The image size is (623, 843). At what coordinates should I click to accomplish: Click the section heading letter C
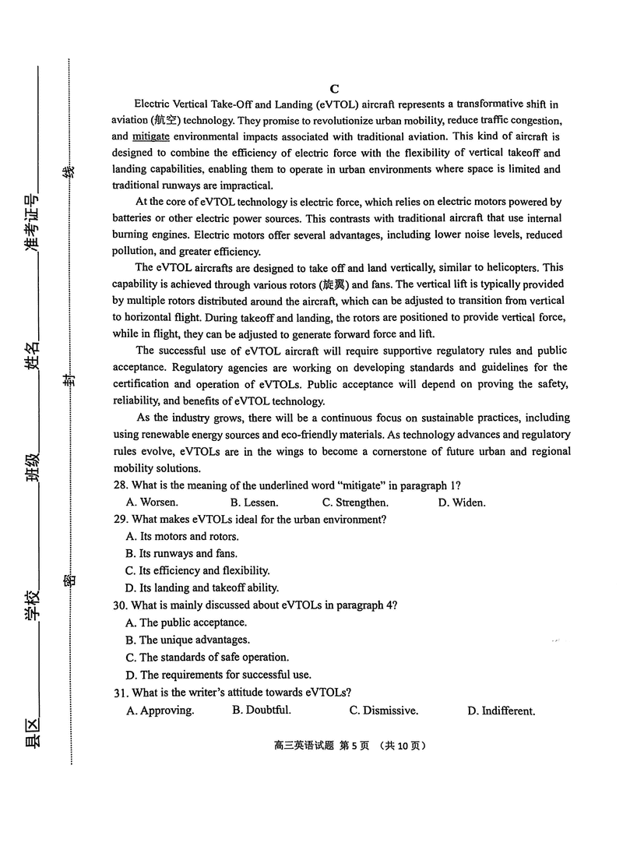pos(334,89)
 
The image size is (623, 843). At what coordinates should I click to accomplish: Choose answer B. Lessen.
pos(255,503)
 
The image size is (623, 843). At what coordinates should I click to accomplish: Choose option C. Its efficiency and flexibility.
pos(198,570)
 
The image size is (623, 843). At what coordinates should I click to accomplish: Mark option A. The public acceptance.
pos(186,623)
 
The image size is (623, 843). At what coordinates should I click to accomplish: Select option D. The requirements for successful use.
pos(218,675)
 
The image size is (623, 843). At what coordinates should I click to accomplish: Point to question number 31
pos(120,692)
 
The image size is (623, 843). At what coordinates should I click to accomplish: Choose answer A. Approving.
pos(160,711)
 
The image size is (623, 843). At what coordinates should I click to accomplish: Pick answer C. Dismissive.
pos(383,711)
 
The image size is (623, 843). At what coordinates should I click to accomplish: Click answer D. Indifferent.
pos(501,711)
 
